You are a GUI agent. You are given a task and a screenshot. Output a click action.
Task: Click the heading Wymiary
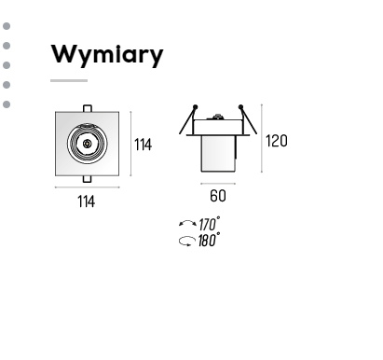coord(107,55)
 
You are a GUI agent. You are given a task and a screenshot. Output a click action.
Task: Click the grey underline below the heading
coord(69,80)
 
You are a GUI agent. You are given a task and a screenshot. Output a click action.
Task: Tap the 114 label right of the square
coord(143,145)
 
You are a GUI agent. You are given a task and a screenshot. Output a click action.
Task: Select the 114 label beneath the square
coord(86,201)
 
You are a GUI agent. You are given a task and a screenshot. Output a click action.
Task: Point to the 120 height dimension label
coord(277,141)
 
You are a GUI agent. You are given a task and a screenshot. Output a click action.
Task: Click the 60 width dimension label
coord(218,196)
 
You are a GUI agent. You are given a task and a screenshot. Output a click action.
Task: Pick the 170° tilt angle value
coord(210,224)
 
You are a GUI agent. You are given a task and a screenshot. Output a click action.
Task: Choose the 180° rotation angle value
coord(209,240)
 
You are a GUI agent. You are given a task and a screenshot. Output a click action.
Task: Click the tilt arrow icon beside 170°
coord(187,223)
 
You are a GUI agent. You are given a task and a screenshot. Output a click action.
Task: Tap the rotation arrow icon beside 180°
coord(187,242)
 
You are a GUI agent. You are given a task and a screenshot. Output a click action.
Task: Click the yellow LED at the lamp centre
coord(87,144)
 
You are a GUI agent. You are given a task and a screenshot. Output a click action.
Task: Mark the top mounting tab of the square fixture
coord(88,108)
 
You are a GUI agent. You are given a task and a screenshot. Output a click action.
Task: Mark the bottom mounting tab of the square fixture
coord(88,179)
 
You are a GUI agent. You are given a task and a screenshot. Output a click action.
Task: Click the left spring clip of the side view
coord(188,119)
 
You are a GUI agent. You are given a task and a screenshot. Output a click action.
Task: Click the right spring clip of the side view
coord(248,119)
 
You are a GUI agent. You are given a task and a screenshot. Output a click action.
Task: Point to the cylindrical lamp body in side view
coord(218,153)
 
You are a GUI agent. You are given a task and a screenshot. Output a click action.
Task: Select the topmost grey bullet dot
coord(7,26)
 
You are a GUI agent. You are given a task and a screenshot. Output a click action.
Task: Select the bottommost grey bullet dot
coord(7,104)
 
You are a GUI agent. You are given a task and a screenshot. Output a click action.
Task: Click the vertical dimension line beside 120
coord(262,138)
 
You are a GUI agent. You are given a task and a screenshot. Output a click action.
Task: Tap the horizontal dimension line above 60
coord(218,184)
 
